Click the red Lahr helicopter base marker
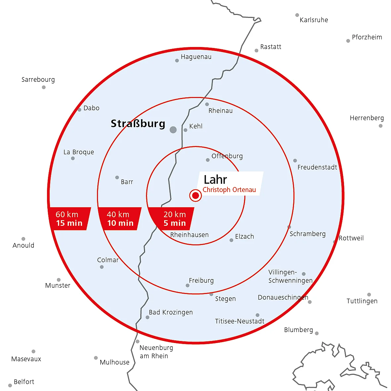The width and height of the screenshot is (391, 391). point(195,195)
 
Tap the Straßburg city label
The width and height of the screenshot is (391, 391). point(138,124)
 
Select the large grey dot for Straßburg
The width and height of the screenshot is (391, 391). point(173,130)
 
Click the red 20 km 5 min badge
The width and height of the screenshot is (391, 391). point(172,219)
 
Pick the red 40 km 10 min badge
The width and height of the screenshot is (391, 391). point(120,219)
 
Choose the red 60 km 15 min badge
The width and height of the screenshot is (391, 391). point(69,219)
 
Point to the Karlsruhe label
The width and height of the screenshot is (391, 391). point(314,20)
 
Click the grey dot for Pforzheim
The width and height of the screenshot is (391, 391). point(348,41)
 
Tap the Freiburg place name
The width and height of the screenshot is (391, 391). point(201,280)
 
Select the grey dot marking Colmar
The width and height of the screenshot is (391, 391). point(102,267)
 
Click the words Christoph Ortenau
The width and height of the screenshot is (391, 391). point(229,190)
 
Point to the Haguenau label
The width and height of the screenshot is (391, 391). point(196,57)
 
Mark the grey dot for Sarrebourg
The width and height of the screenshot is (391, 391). point(44,87)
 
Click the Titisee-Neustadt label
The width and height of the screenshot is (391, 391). point(240,321)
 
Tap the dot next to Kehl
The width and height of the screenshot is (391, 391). point(185,130)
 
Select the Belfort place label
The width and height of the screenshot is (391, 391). point(24,382)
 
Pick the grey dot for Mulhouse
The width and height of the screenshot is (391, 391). point(96,358)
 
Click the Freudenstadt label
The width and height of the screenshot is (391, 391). point(317,167)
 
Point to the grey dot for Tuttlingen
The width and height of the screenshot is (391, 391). point(369,295)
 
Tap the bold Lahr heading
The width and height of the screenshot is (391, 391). point(216,179)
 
